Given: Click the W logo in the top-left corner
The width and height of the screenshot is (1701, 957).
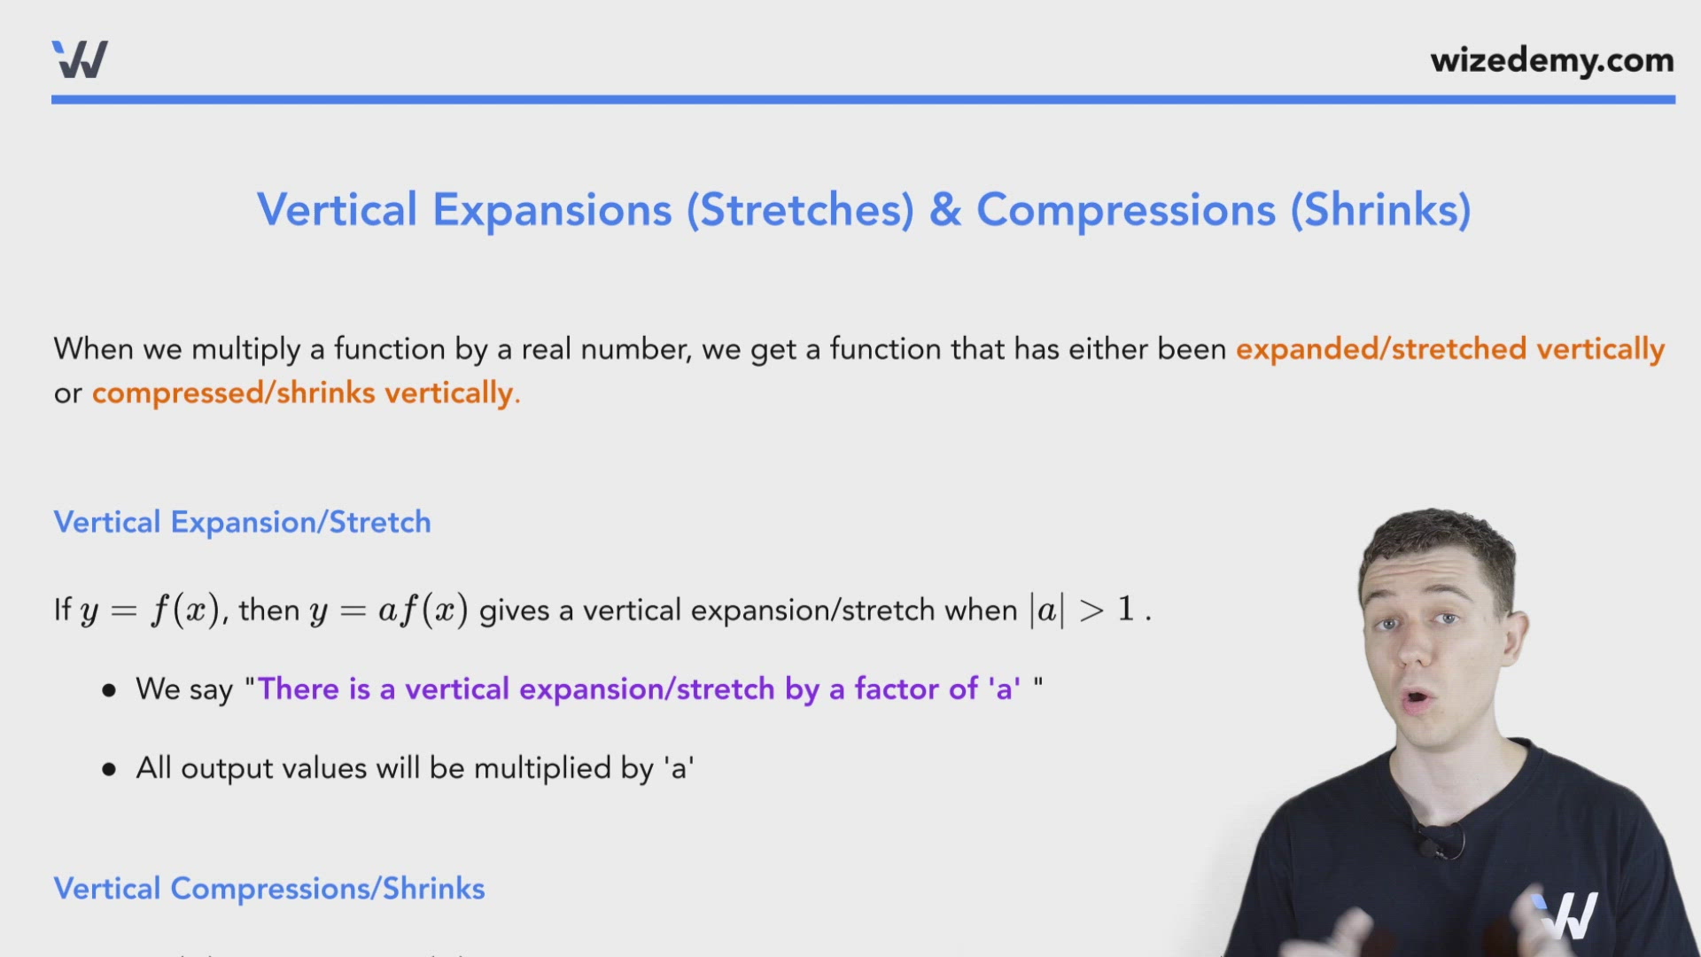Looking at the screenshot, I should point(80,59).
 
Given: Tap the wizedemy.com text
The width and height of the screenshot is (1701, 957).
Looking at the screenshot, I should point(1551,60).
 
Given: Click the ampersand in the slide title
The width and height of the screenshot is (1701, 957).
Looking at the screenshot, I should point(945,210).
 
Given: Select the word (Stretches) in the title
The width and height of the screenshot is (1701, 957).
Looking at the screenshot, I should point(800,210).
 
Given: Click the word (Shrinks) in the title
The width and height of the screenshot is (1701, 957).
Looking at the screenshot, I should point(1380,210).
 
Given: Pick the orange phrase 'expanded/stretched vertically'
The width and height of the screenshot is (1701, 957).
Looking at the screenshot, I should point(1449,349).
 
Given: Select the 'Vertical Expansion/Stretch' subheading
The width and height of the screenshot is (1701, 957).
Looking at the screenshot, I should point(242,522).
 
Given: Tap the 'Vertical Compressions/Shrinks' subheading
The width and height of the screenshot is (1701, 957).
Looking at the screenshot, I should point(268,888).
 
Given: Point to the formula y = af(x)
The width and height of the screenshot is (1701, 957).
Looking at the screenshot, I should point(388,611).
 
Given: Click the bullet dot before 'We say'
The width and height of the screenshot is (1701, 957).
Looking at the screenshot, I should point(109,690).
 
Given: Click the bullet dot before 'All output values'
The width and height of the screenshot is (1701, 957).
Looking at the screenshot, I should point(109,769).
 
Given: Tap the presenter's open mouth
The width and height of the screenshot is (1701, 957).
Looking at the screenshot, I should point(1417,699).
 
